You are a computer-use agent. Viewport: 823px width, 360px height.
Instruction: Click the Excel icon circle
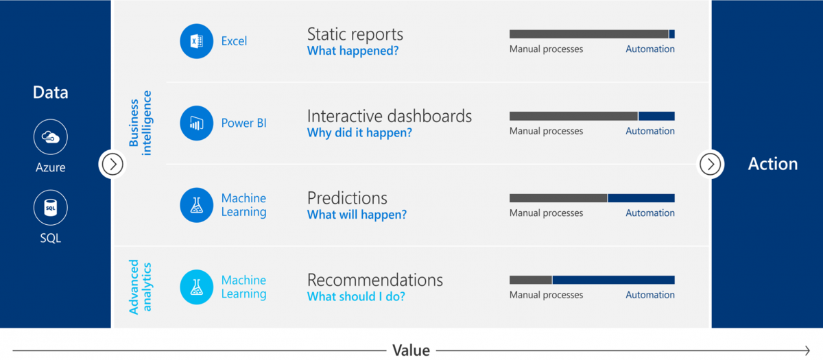(197, 41)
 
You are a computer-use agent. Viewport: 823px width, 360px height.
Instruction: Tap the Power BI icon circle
(197, 123)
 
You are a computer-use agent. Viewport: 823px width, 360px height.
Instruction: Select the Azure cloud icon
(50, 136)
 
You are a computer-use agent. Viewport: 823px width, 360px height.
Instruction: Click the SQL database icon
(50, 208)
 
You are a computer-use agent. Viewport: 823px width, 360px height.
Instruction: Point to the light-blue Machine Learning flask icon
(197, 287)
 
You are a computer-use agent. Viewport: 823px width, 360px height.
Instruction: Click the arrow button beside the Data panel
(112, 164)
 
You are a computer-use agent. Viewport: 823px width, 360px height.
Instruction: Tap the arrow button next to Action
(711, 164)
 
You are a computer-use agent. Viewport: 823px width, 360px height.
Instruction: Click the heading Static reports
(355, 34)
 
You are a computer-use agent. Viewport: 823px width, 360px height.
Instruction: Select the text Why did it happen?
(359, 132)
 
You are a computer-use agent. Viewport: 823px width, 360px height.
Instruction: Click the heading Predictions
(347, 198)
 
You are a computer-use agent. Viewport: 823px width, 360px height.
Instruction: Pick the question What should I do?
(356, 296)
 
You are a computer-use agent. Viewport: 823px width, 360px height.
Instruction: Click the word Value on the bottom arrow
(411, 350)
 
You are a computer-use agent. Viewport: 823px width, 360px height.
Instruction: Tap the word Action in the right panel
(773, 164)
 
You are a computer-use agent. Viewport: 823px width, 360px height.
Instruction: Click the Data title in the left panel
(50, 92)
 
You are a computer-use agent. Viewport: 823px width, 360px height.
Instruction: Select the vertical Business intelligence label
(140, 123)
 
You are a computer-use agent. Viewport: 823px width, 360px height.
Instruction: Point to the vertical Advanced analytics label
(140, 287)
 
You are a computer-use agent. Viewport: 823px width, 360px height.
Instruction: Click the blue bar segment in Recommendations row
(614, 280)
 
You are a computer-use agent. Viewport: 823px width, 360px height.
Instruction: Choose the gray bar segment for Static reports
(589, 34)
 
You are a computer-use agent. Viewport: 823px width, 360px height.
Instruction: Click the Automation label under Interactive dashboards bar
(650, 131)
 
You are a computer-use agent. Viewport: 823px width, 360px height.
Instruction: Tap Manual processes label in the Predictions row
(546, 213)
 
